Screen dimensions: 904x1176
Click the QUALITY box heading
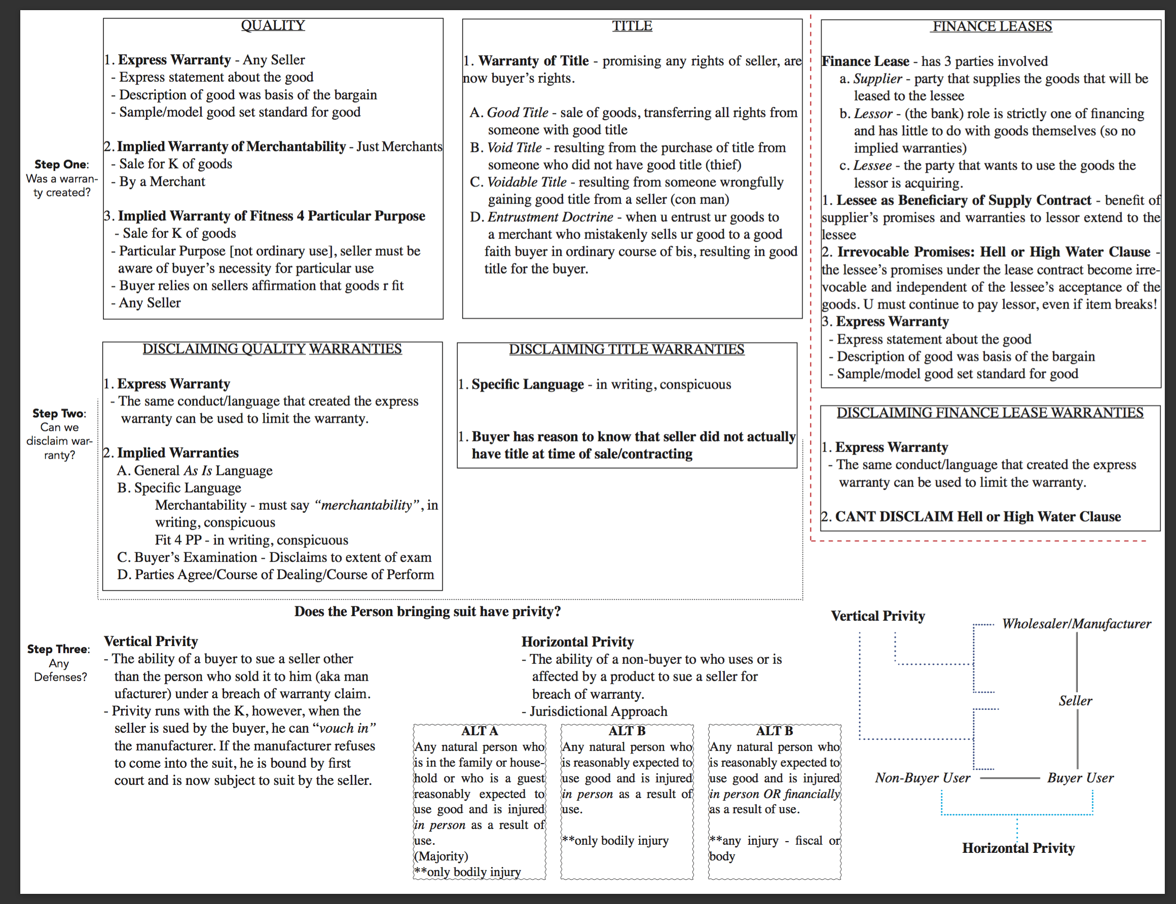[272, 25]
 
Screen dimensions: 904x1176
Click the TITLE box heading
[632, 26]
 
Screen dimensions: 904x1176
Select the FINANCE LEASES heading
[992, 26]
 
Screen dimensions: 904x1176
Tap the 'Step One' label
[60, 164]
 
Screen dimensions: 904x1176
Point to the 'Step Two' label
[58, 413]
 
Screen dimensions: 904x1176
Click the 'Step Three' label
[58, 649]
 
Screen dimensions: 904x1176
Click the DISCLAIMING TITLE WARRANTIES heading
[627, 349]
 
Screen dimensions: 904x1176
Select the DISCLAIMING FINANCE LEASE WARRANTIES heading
[989, 412]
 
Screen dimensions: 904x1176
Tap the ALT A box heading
[479, 731]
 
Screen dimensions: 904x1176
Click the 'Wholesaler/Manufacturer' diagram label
[1076, 624]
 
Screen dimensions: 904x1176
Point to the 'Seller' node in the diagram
[1075, 701]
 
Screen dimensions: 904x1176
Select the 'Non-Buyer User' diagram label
[923, 777]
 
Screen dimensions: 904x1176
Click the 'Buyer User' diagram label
[1080, 777]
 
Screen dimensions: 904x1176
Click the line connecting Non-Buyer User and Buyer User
[1010, 778]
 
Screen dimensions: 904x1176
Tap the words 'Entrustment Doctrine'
[550, 217]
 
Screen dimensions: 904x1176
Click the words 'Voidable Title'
[526, 182]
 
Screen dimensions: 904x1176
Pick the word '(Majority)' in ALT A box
[442, 855]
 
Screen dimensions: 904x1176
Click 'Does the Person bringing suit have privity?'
[427, 611]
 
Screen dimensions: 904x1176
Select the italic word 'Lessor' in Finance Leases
[873, 114]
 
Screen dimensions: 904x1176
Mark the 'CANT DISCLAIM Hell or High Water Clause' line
[977, 516]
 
